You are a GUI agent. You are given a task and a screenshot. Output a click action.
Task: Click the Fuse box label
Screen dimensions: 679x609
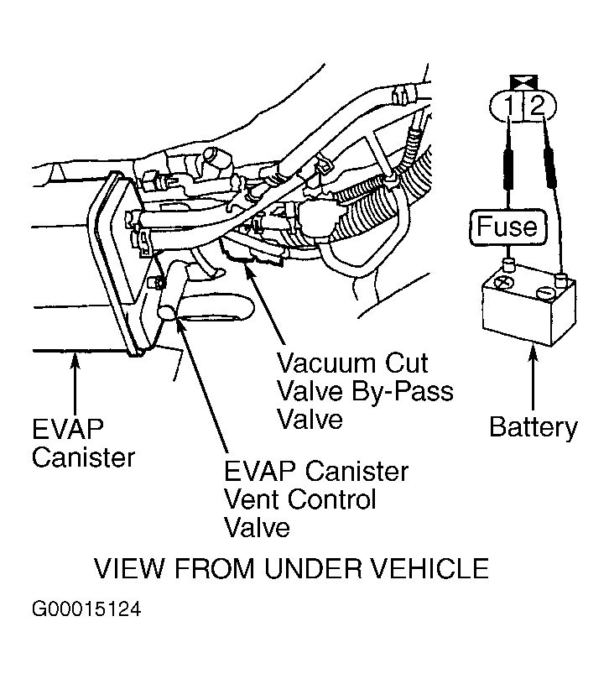(x=507, y=226)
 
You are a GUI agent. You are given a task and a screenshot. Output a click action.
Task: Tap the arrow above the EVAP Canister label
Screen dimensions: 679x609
(x=75, y=383)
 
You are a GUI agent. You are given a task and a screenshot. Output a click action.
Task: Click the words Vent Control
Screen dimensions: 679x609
(x=299, y=499)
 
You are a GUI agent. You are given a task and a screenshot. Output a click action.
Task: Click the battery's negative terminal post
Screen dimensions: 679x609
(x=561, y=278)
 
